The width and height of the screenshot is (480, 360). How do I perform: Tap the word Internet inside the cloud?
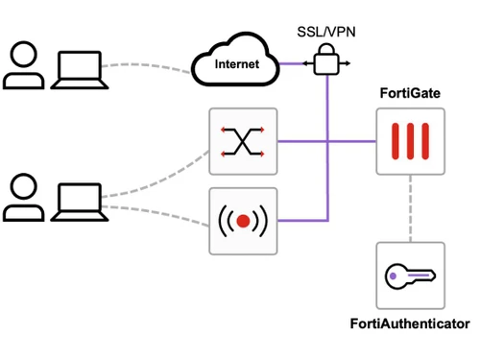pyautogui.click(x=236, y=66)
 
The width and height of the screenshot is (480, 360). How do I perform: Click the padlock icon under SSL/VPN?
pyautogui.click(x=327, y=62)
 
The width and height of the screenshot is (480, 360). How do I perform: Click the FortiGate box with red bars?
pyautogui.click(x=411, y=141)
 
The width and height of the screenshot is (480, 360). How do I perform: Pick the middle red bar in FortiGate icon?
pyautogui.click(x=411, y=141)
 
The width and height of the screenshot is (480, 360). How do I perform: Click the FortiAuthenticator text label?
pyautogui.click(x=410, y=324)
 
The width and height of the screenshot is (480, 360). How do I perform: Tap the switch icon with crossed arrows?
pyautogui.click(x=243, y=141)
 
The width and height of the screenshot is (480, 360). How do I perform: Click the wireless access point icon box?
pyautogui.click(x=243, y=221)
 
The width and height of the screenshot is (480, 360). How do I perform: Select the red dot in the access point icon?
pyautogui.click(x=243, y=221)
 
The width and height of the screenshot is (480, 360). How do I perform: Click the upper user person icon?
pyautogui.click(x=22, y=65)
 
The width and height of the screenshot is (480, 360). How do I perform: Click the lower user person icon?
pyautogui.click(x=22, y=198)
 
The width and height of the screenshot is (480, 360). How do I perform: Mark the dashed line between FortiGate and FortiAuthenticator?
pyautogui.click(x=411, y=208)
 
